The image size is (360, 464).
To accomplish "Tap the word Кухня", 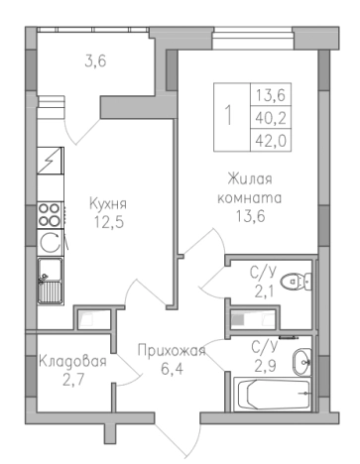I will (110, 206).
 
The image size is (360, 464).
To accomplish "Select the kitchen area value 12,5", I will (110, 224).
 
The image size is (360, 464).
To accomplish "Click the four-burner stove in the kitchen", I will (50, 213).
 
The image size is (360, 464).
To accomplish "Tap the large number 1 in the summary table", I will (230, 115).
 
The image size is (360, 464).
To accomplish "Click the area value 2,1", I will (263, 291).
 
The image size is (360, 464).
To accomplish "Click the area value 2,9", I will (264, 365).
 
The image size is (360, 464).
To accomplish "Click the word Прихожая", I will (172, 351).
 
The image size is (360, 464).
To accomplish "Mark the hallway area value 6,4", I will (172, 369).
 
